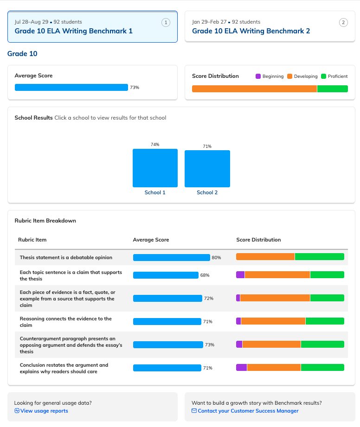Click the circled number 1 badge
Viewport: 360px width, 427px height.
pos(166,22)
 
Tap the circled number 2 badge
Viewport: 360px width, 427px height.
pos(343,22)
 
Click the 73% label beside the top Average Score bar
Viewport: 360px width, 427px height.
pos(135,88)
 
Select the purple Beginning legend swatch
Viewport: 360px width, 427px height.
pos(258,76)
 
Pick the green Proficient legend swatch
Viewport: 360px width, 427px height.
pos(323,76)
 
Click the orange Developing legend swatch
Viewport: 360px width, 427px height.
pos(289,76)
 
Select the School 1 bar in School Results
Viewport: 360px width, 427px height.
pos(155,168)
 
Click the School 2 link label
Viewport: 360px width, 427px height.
pos(207,192)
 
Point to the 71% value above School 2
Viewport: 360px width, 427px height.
pos(207,146)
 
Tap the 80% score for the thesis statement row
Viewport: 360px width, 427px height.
pos(216,258)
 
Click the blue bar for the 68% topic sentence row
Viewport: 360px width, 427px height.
pos(166,275)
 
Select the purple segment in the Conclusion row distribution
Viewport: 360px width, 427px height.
pos(241,368)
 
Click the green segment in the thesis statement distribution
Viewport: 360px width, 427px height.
pos(319,257)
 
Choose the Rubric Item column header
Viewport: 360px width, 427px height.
pos(32,240)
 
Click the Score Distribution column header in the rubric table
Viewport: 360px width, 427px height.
pos(258,240)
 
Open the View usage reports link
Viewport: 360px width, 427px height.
pos(41,411)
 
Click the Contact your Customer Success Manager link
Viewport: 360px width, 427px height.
pos(245,411)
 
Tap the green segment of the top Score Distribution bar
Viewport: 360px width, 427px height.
pos(333,89)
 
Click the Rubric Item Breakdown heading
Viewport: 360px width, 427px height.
pos(45,221)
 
